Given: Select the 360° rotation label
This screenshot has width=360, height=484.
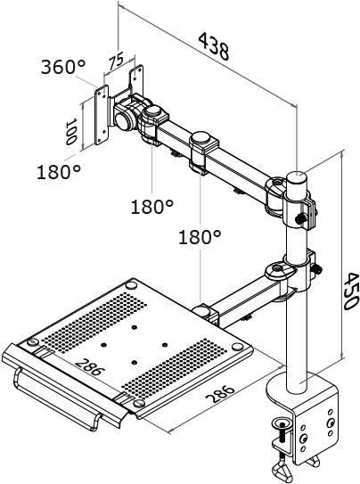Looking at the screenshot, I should click(63, 68).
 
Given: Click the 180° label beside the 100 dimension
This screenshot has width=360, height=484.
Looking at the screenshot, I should click(59, 172).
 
